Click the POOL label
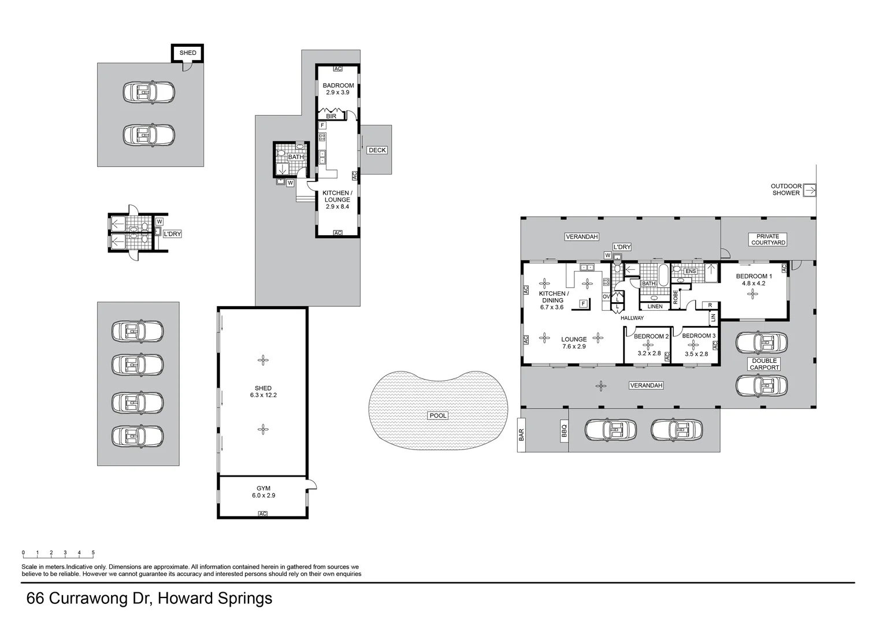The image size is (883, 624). pos(437,415)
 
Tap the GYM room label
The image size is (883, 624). pos(263,488)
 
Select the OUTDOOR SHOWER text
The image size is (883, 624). pos(786,190)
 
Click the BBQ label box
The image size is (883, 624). pos(564,430)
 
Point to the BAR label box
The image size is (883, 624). pos(521,434)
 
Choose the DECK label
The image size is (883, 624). pos(377,150)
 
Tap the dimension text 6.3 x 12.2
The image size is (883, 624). pos(263,395)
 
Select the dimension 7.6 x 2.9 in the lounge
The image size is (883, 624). pos(574,347)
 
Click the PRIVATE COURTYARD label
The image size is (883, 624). pos(768,239)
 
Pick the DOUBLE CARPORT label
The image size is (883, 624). pos(765,363)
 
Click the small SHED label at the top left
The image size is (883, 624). pos(188,53)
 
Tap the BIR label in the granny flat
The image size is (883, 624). pos(331,116)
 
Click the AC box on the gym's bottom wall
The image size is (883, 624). pos(263,514)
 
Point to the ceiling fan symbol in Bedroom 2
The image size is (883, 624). pos(648,345)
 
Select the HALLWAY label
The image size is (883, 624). pos(632,318)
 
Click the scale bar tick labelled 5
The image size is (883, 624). pos(93,553)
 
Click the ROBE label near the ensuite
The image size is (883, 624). pos(675,296)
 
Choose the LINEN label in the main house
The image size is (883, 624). pos(655,306)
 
